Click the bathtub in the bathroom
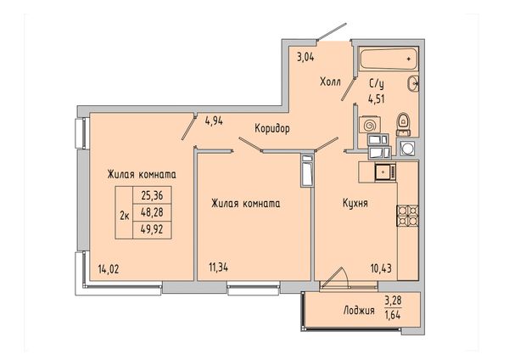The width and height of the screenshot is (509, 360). (x=389, y=59)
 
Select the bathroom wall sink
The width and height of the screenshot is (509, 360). (x=413, y=83)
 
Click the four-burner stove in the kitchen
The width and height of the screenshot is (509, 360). (x=407, y=216)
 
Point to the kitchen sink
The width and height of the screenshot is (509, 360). (x=385, y=172)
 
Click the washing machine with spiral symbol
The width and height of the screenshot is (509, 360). (x=369, y=125)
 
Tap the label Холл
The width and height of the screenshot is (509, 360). (x=331, y=82)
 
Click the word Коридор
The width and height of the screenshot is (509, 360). (x=272, y=129)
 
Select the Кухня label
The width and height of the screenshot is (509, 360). (x=355, y=204)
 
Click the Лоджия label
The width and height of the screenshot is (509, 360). (x=359, y=311)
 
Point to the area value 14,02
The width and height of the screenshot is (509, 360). (x=109, y=269)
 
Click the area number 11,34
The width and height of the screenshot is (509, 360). (x=219, y=267)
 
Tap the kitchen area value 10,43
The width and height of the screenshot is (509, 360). (x=381, y=268)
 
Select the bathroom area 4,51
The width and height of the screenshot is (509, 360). (x=376, y=98)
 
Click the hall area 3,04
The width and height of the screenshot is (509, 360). (x=305, y=58)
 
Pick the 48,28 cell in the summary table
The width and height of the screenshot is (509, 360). (x=152, y=213)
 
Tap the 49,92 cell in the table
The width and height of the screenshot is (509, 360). (x=152, y=230)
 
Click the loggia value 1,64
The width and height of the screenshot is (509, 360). (x=393, y=314)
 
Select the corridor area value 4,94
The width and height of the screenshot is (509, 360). (x=214, y=121)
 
